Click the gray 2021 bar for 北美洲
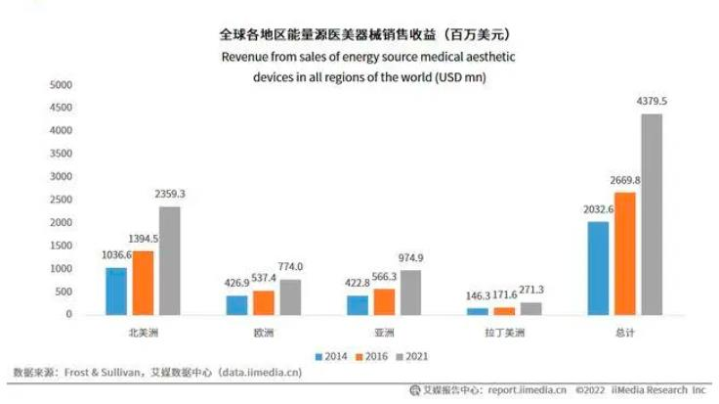coord(170,261)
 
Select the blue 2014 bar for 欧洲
coord(236,305)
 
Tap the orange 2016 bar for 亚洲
coord(384,302)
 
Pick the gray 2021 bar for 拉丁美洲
coord(531,309)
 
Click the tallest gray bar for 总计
coord(652,214)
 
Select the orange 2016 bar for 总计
coord(625,254)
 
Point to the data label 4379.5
coord(652,101)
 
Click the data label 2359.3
coord(170,194)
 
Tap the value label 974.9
coord(410,258)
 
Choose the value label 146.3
coord(478,295)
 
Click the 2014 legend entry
coord(331,356)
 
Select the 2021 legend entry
coord(412,356)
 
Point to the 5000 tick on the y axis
coord(61,85)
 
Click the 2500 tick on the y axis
coord(61,200)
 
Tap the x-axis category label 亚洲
coord(384,333)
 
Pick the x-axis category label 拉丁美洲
coord(504,333)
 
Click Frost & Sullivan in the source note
coord(103,373)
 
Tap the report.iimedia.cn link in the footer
coord(527,389)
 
